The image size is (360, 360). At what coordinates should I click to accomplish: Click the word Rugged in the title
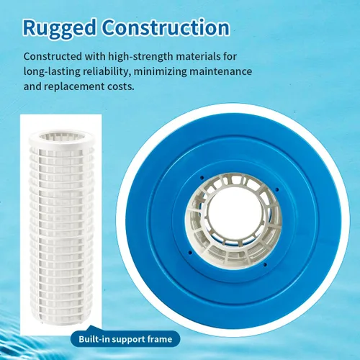(x=60, y=29)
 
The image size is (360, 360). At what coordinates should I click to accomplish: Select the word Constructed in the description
(x=53, y=57)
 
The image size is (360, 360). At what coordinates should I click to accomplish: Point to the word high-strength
(x=140, y=57)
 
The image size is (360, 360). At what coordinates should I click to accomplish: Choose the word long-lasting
(x=52, y=72)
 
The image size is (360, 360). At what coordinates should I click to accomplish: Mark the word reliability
(x=107, y=72)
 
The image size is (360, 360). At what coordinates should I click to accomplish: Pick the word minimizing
(x=160, y=72)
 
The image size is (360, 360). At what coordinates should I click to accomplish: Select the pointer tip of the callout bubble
(x=91, y=325)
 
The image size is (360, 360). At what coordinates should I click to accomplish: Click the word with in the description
(x=95, y=57)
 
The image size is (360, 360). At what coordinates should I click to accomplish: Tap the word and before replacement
(x=32, y=86)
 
